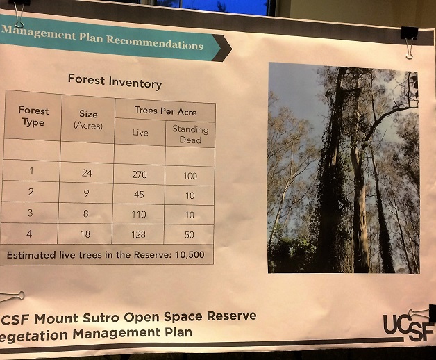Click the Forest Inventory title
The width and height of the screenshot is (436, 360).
(x=114, y=81)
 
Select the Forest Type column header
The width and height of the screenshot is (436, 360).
(x=33, y=116)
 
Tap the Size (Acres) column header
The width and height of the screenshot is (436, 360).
(x=87, y=120)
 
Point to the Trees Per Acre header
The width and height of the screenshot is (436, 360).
(x=165, y=111)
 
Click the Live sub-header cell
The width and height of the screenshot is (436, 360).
(x=140, y=133)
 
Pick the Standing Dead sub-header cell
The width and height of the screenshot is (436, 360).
(x=190, y=134)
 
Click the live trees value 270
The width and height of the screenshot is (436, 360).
(x=139, y=175)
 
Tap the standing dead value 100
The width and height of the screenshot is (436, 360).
(x=190, y=177)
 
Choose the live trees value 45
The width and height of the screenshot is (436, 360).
(x=139, y=195)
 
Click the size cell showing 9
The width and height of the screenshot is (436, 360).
(x=86, y=194)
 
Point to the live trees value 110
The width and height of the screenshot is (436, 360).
(x=139, y=215)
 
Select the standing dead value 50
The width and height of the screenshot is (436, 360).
(x=190, y=236)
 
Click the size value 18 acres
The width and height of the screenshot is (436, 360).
(x=86, y=234)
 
